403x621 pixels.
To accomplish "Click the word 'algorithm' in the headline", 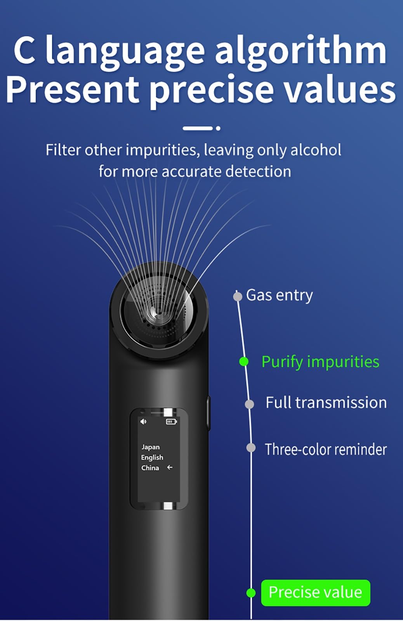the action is coord(301,52).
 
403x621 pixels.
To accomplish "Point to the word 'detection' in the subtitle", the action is coord(258,171).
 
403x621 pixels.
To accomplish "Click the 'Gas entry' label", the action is coord(280,296).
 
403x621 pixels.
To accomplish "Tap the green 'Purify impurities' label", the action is coord(320,362).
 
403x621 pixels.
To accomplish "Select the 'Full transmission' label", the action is coord(326,403).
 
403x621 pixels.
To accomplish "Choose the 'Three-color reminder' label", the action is coord(326,449).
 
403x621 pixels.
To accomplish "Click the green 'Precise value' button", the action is coord(315,592).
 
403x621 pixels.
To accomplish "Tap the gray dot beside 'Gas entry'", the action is coord(237,296).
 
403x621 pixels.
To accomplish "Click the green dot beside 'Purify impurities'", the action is coord(244,362).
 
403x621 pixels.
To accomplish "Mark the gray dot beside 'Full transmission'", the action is coord(249,404).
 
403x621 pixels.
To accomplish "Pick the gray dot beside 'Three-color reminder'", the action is coord(251,448).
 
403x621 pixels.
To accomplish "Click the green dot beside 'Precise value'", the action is coord(251,593).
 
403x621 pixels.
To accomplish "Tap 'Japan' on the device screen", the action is coord(150,447).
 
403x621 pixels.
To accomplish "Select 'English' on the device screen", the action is coord(152,457).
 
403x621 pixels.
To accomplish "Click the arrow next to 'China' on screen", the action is coord(170,467).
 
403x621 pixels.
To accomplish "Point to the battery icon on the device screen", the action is coord(171,421).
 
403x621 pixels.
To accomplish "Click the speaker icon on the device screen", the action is coord(143,421).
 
